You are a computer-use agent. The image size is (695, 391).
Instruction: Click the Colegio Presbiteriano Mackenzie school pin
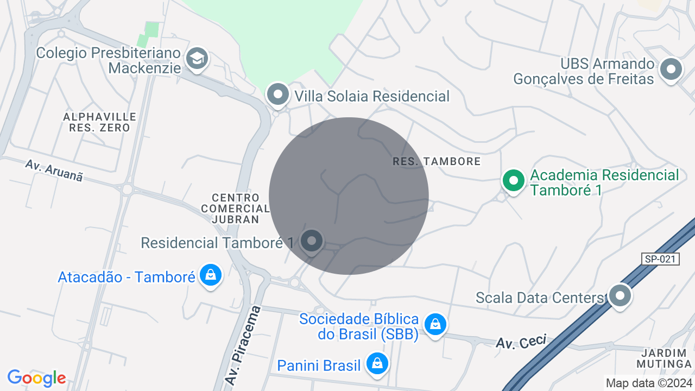[x=197, y=58]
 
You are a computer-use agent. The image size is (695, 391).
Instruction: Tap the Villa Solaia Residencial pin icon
[x=278, y=94]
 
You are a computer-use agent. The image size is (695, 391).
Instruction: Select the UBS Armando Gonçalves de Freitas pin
[x=671, y=70]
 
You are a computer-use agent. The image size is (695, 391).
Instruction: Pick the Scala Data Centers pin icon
[x=620, y=296]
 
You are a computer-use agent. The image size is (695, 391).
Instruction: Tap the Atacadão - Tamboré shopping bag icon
[x=210, y=275]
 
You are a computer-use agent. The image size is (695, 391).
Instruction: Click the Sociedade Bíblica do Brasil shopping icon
[x=435, y=325]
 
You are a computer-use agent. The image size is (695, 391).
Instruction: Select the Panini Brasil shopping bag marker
[x=376, y=364]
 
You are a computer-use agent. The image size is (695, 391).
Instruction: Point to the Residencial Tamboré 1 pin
[x=312, y=241]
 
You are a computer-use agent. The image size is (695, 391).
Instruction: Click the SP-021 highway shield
[x=660, y=259]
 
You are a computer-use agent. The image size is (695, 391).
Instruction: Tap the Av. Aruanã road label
[x=54, y=171]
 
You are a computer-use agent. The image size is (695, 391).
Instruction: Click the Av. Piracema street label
[x=243, y=345]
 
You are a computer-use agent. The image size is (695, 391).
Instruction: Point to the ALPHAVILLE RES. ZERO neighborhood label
[x=100, y=123]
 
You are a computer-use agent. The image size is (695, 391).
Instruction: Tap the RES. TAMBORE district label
[x=437, y=161]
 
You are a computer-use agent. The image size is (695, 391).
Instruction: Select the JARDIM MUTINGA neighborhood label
[x=664, y=358]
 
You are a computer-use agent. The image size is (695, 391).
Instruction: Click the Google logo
[x=37, y=378]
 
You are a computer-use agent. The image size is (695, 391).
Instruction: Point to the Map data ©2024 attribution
[x=648, y=383]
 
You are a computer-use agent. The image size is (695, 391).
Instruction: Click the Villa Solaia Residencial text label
[x=372, y=97]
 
